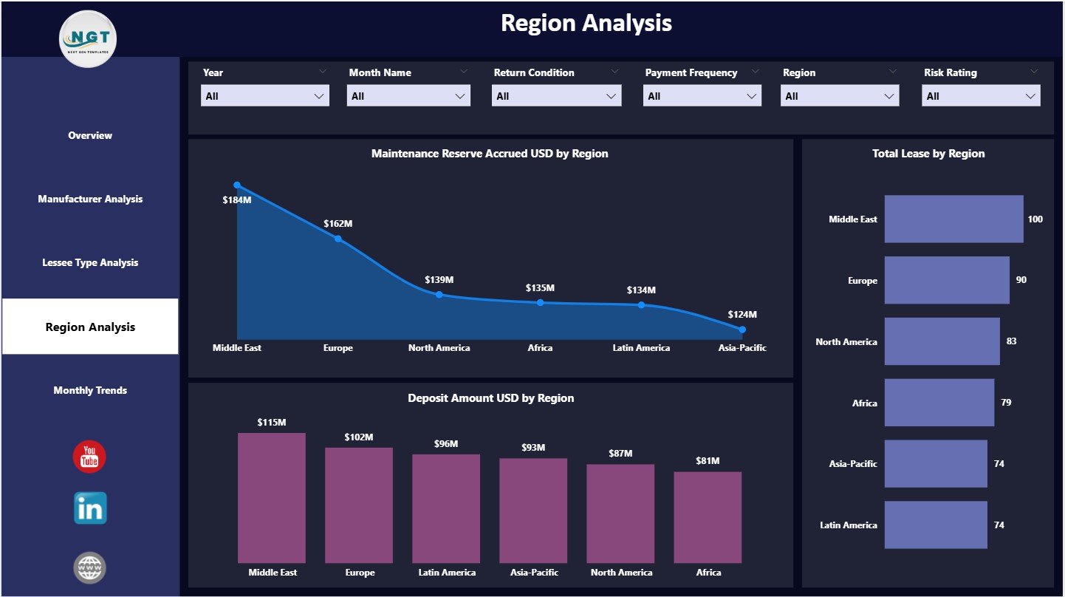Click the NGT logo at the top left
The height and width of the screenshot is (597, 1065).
click(89, 38)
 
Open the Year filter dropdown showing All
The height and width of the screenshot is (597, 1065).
click(264, 96)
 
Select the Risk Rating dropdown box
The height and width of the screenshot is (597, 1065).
click(980, 96)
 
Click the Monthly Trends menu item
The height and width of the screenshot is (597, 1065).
click(90, 390)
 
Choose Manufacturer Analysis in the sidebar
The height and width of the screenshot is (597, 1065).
click(90, 199)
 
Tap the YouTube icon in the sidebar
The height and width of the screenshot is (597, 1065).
click(89, 457)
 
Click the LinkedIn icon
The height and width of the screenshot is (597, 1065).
click(90, 508)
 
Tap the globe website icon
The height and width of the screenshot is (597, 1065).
click(90, 567)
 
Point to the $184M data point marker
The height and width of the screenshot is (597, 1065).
click(237, 185)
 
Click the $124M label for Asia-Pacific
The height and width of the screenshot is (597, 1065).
click(742, 315)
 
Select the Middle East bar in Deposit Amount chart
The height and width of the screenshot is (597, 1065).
click(271, 498)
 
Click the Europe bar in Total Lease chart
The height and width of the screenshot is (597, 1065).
click(946, 280)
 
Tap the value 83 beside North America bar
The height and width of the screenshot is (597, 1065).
click(1010, 341)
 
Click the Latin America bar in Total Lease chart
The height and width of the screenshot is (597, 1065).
click(935, 525)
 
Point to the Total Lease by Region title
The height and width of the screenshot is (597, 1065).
click(928, 154)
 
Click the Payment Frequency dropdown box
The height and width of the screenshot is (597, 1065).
click(702, 96)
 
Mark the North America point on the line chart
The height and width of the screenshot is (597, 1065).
click(439, 294)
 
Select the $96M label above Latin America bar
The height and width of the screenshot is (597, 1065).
click(445, 444)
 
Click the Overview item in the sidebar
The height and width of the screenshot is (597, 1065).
click(90, 135)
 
